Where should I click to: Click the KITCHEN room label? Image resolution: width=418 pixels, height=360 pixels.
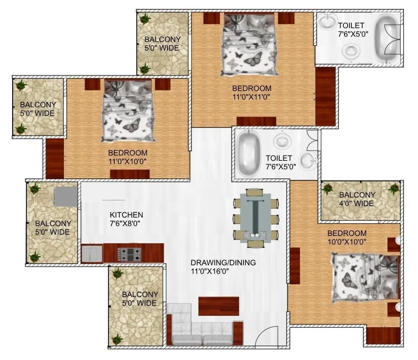coord(126,215)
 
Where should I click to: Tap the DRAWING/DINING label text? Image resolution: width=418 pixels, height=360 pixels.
coord(223,262)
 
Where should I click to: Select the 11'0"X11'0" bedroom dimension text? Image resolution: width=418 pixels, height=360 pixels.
coord(251,97)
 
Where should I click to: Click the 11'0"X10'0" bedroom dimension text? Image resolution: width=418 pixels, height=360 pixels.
coord(127,161)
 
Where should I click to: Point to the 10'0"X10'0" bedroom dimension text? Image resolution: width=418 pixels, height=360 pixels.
coord(347,242)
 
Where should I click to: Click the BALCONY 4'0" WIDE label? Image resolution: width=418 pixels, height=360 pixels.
coord(357,199)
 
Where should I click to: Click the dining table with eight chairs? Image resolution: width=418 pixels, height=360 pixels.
coord(256,218)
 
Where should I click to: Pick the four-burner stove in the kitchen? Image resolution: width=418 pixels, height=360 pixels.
coord(129,254)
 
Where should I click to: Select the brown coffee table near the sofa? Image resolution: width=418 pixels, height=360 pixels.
coord(218,306)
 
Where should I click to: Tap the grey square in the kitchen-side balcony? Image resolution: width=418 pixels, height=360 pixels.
coord(66,196)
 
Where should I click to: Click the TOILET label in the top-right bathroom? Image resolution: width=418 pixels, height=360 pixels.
coord(351,26)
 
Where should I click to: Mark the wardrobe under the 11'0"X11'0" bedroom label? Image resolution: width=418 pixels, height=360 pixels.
coord(256,121)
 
